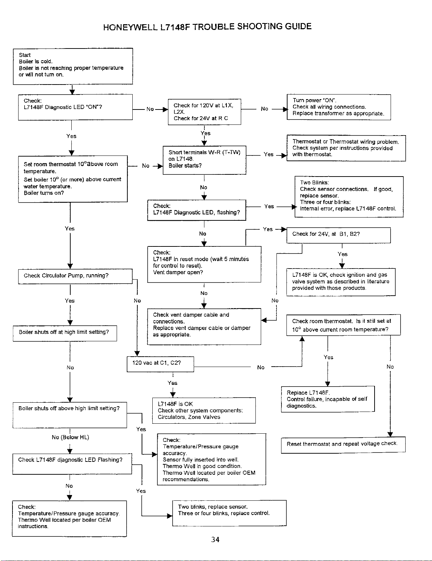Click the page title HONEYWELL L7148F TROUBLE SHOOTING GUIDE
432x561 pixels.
tap(207, 27)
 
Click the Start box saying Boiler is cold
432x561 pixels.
tap(73, 66)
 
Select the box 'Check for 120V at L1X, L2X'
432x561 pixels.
tap(204, 112)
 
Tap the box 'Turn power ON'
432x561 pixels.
tap(339, 107)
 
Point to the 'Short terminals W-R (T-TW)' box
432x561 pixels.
tap(204, 160)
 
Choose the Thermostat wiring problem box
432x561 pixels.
tap(346, 148)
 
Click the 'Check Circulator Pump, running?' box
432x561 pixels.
tap(75, 276)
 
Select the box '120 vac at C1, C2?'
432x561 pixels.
tap(161, 364)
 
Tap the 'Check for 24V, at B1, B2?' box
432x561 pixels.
tap(339, 235)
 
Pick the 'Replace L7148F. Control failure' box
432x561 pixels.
tap(328, 399)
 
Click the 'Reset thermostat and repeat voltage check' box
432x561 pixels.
tap(343, 445)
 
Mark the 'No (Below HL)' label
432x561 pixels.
tap(70, 437)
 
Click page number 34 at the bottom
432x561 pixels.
tap(215, 539)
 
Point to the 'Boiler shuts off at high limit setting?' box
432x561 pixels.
tap(65, 333)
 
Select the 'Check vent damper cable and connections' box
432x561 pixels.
tap(204, 326)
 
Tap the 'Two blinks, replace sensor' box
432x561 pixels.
tap(229, 513)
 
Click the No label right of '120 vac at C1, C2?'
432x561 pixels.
tap(261, 367)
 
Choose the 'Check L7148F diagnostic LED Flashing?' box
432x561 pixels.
tap(72, 464)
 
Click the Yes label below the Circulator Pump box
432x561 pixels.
tap(70, 301)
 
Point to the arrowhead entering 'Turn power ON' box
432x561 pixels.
tap(285, 109)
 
